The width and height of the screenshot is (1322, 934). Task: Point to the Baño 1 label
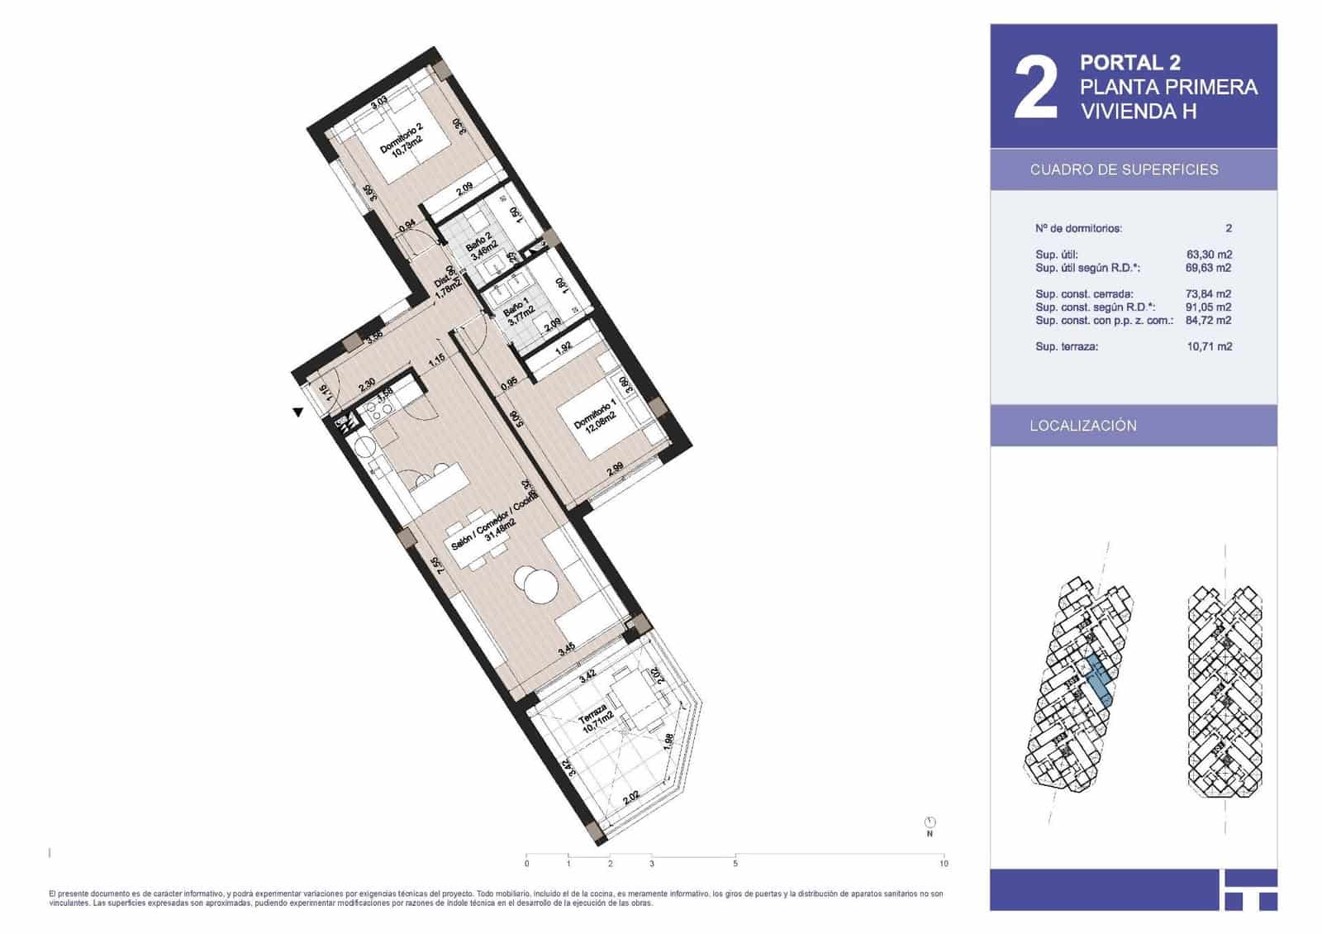point(520,317)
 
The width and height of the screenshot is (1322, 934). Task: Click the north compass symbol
point(930,823)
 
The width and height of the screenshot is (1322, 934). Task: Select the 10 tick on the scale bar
point(944,864)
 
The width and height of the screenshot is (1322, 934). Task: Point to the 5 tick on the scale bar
point(735,864)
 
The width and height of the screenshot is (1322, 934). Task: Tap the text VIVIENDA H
point(1139,112)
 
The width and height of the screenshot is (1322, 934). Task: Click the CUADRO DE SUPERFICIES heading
point(1124,169)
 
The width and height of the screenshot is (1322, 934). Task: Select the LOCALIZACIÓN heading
point(1083,426)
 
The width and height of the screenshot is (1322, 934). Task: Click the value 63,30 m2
point(1209,255)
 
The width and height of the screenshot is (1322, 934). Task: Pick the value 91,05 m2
point(1209,307)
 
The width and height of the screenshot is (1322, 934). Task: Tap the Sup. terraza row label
point(1067,346)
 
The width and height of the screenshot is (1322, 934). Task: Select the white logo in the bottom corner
point(1248,890)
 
